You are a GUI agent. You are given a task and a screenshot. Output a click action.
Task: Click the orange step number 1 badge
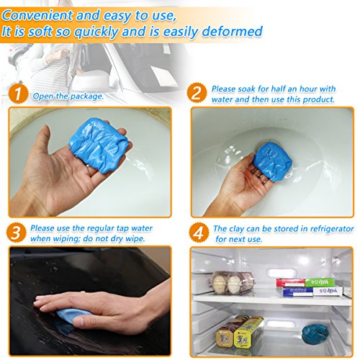click(18, 93)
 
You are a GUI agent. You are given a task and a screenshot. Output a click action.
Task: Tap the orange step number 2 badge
click(197, 92)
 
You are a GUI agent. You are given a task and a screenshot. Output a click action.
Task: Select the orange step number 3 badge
click(17, 233)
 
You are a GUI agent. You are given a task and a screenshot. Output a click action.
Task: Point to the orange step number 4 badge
click(199, 233)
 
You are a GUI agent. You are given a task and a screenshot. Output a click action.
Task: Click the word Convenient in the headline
click(37, 15)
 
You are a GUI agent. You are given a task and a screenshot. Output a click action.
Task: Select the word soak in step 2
click(247, 89)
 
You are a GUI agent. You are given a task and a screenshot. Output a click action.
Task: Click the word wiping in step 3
click(62, 239)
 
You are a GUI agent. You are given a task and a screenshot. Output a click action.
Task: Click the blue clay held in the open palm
click(99, 145)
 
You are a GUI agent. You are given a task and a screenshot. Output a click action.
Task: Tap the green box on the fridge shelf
click(320, 282)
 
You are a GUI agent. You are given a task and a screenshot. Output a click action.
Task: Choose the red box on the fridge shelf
click(291, 283)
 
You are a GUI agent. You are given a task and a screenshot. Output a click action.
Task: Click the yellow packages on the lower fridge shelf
click(239, 332)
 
